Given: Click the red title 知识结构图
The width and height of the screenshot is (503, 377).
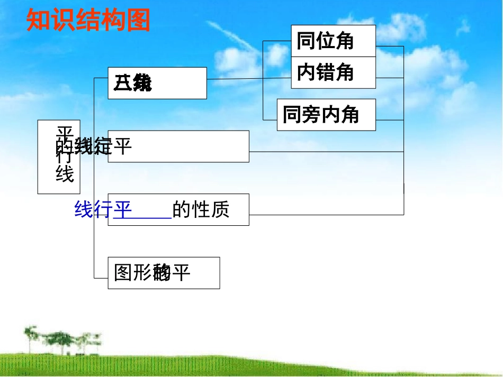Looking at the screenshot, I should click(x=88, y=21).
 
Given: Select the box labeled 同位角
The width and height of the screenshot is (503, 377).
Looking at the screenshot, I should click(x=333, y=41).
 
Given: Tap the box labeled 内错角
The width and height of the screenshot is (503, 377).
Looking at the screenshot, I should click(x=333, y=72).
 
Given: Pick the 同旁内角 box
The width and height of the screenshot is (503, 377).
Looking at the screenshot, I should click(x=326, y=115).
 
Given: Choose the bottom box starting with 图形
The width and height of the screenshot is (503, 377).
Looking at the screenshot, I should click(x=164, y=273).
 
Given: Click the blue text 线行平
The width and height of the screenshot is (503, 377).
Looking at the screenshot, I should click(x=103, y=210).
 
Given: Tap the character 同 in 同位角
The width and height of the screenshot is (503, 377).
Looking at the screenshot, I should click(x=306, y=41).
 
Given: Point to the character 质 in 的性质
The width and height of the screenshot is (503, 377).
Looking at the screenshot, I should click(x=220, y=210).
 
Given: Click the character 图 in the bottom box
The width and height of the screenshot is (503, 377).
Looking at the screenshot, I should click(x=123, y=273).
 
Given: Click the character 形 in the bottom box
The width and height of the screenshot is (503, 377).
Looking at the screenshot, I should click(x=141, y=273).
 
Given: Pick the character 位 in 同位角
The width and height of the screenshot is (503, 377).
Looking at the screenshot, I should click(x=325, y=41).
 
